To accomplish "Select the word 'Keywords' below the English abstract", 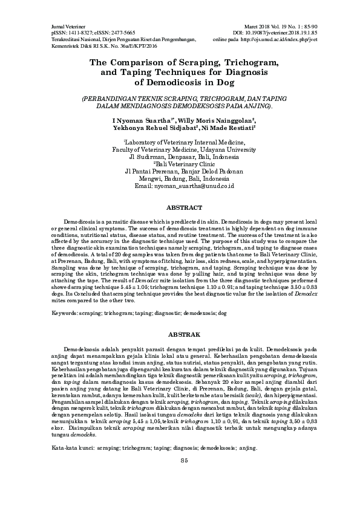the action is pyautogui.click(x=65, y=314).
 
